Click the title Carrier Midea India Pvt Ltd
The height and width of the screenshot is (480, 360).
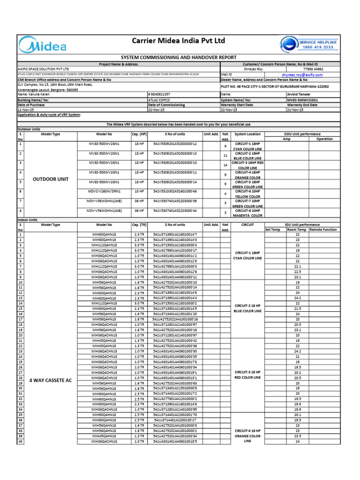[178, 41]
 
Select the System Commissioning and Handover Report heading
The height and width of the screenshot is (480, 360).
[180, 57]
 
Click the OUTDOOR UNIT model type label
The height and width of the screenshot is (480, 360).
[51, 179]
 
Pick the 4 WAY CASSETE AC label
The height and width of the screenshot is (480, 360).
[51, 380]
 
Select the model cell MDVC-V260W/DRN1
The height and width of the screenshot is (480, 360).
[104, 191]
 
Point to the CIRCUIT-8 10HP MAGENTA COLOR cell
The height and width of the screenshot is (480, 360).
[249, 213]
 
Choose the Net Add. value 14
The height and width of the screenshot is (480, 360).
[225, 165]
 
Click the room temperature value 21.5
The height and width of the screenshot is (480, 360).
[297, 308]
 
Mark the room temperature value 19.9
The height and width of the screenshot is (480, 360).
[297, 409]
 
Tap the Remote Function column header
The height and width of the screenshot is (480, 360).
[322, 230]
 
